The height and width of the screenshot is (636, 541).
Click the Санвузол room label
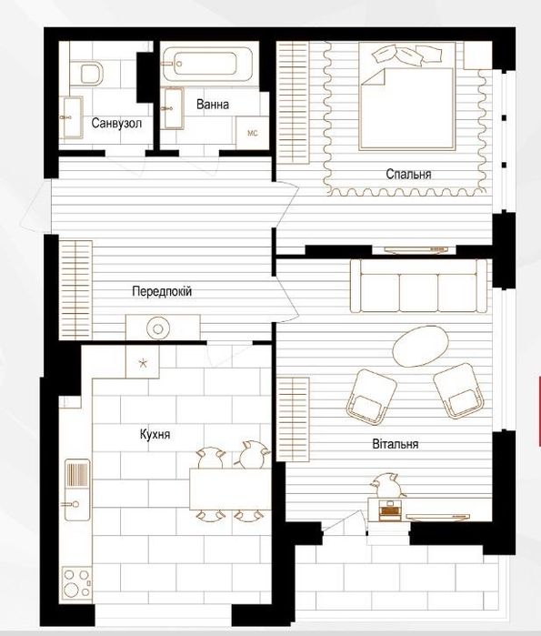pyautogui.click(x=116, y=124)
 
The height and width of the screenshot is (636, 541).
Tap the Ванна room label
pyautogui.click(x=212, y=105)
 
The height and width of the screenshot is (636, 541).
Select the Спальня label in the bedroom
pyautogui.click(x=408, y=173)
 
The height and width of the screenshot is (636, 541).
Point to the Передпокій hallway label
pyautogui.click(x=162, y=292)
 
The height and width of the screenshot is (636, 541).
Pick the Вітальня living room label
pyautogui.click(x=395, y=444)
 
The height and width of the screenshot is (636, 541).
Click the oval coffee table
pyautogui.click(x=421, y=345)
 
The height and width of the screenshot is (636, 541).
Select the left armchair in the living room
pyautogui.click(x=373, y=394)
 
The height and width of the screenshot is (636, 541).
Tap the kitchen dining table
pyautogui.click(x=229, y=490)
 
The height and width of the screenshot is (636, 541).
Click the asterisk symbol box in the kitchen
pyautogui.click(x=141, y=362)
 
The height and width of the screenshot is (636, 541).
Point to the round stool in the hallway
pyautogui.click(x=157, y=328)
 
